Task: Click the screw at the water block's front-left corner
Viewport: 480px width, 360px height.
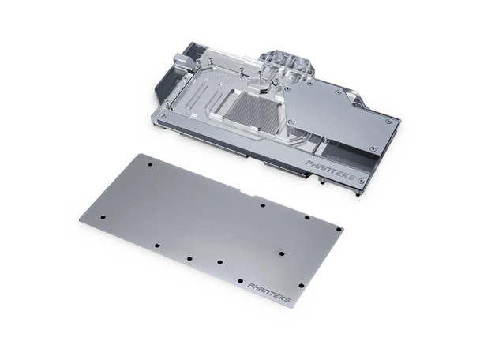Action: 165,115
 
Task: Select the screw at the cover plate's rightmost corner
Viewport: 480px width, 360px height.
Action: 389,121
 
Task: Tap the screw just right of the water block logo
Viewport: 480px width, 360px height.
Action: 362,181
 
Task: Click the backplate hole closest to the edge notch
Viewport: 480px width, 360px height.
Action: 263,204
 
